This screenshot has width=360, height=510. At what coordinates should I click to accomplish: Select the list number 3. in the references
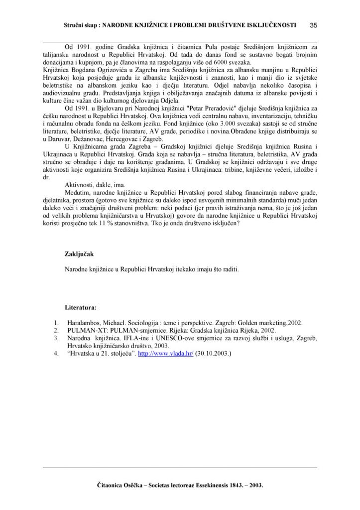(x=56, y=338)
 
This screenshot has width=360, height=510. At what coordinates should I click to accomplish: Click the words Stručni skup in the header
(x=82, y=24)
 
